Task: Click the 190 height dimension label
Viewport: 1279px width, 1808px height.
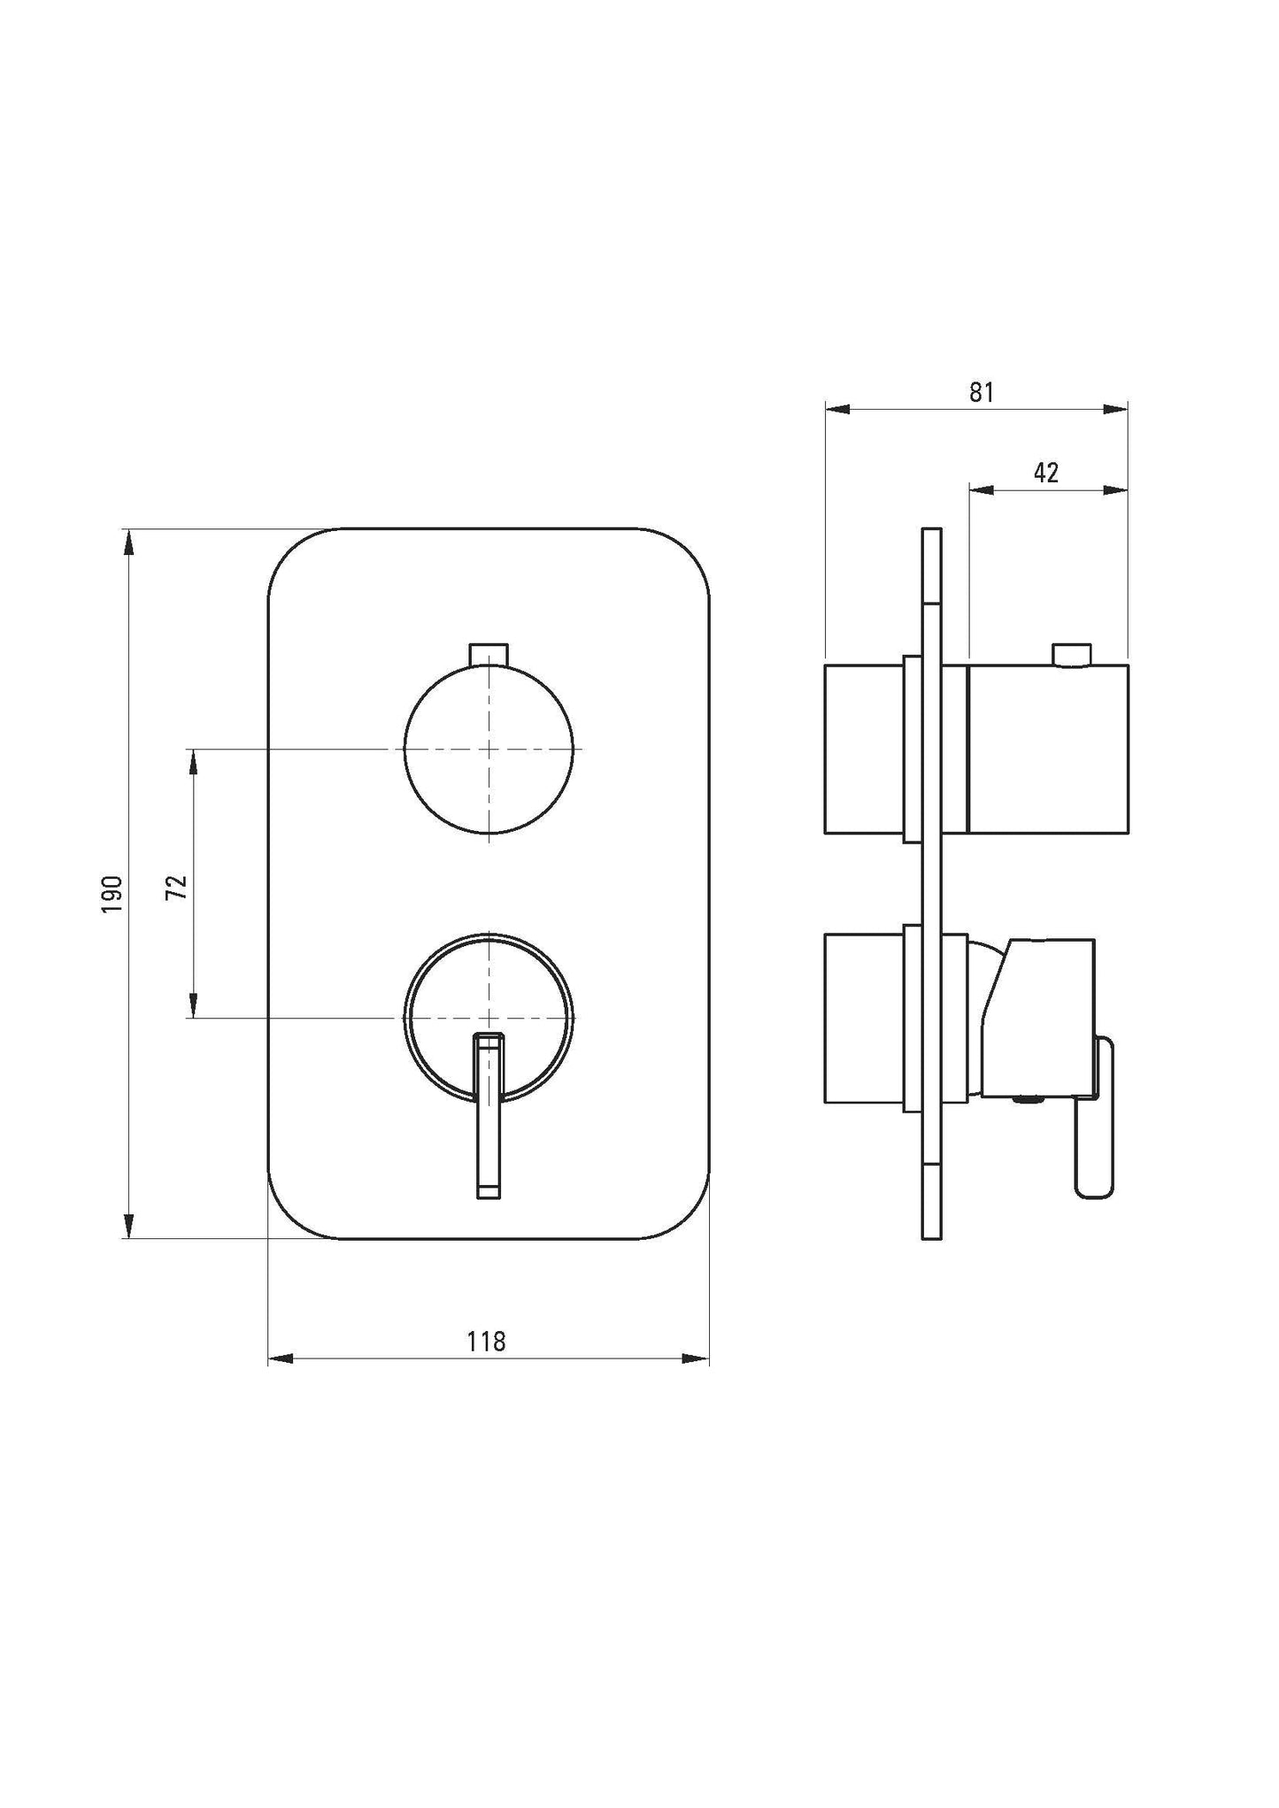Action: [x=112, y=894]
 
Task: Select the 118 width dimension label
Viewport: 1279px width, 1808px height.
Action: [x=486, y=1342]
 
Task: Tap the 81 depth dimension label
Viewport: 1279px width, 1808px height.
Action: [x=981, y=392]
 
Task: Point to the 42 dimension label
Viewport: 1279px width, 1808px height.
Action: [x=1046, y=473]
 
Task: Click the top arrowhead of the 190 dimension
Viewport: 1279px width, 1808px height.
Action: [x=129, y=541]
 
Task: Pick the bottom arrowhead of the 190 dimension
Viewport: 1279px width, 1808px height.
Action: [x=129, y=1227]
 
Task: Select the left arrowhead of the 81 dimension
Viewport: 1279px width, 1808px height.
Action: [x=836, y=409]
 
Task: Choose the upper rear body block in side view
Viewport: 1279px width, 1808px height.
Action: [x=864, y=749]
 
